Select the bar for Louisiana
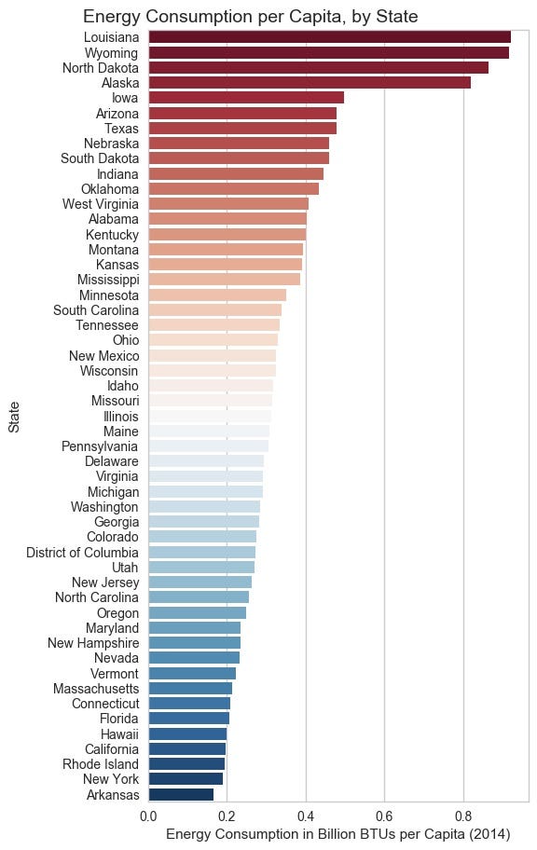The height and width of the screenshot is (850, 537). tap(328, 37)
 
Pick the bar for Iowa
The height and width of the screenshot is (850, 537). tap(245, 98)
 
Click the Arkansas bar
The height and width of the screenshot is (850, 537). tap(180, 794)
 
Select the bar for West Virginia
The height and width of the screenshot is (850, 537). tap(227, 203)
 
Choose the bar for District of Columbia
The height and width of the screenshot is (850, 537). tap(201, 552)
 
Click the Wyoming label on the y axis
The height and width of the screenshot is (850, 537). tap(114, 52)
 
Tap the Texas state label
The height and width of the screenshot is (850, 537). tap(121, 128)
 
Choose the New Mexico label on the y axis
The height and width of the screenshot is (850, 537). tap(104, 355)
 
